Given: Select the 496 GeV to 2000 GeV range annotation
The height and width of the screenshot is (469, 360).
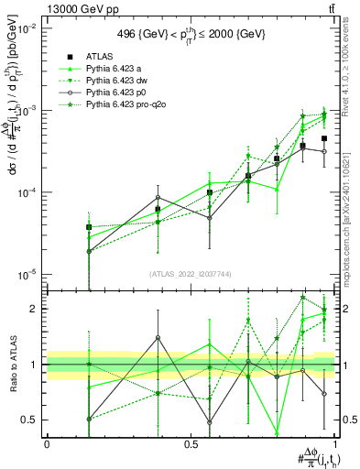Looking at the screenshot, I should click(x=191, y=35).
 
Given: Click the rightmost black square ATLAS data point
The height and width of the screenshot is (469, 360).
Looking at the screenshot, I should click(x=324, y=139).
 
